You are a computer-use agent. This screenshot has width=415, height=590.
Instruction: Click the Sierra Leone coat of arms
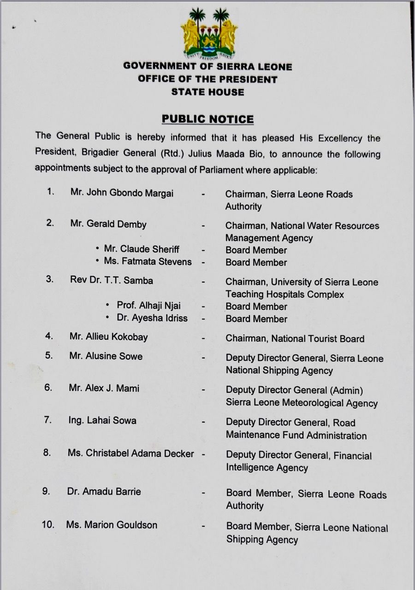pos(208,34)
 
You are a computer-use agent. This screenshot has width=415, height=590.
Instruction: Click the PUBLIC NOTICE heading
pos(207,119)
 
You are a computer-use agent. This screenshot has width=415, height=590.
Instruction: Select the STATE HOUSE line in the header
pos(207,92)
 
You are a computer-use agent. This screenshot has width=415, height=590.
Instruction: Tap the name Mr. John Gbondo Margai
pos(122,193)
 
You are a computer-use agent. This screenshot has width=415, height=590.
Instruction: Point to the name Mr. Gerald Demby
pos(108,224)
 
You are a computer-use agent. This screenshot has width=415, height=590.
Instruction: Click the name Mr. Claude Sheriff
pos(141,249)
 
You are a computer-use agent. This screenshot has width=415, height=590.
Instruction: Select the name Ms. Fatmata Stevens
pos(148,262)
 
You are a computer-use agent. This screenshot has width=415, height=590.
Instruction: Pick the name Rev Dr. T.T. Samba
pos(112,280)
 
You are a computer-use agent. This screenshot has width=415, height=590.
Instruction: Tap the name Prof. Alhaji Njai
pos(148,305)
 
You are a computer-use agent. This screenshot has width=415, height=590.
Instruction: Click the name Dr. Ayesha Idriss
pos(152,318)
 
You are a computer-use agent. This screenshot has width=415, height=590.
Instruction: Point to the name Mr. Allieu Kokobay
pos(109,337)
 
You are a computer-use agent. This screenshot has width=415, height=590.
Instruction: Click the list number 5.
pos(49,355)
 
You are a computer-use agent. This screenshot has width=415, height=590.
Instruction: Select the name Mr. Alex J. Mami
pos(104,388)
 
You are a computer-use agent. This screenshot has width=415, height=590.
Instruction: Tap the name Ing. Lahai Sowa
pos(102,420)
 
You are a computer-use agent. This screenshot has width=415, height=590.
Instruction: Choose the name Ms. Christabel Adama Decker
pos(130,454)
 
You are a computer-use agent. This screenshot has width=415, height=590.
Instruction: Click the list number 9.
pos(46,491)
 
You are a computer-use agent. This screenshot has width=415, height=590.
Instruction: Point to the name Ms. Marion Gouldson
pos(112,525)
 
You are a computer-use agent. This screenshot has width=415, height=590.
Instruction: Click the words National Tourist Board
pos(318,339)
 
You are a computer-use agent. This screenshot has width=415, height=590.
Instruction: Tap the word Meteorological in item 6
pos(308,403)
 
